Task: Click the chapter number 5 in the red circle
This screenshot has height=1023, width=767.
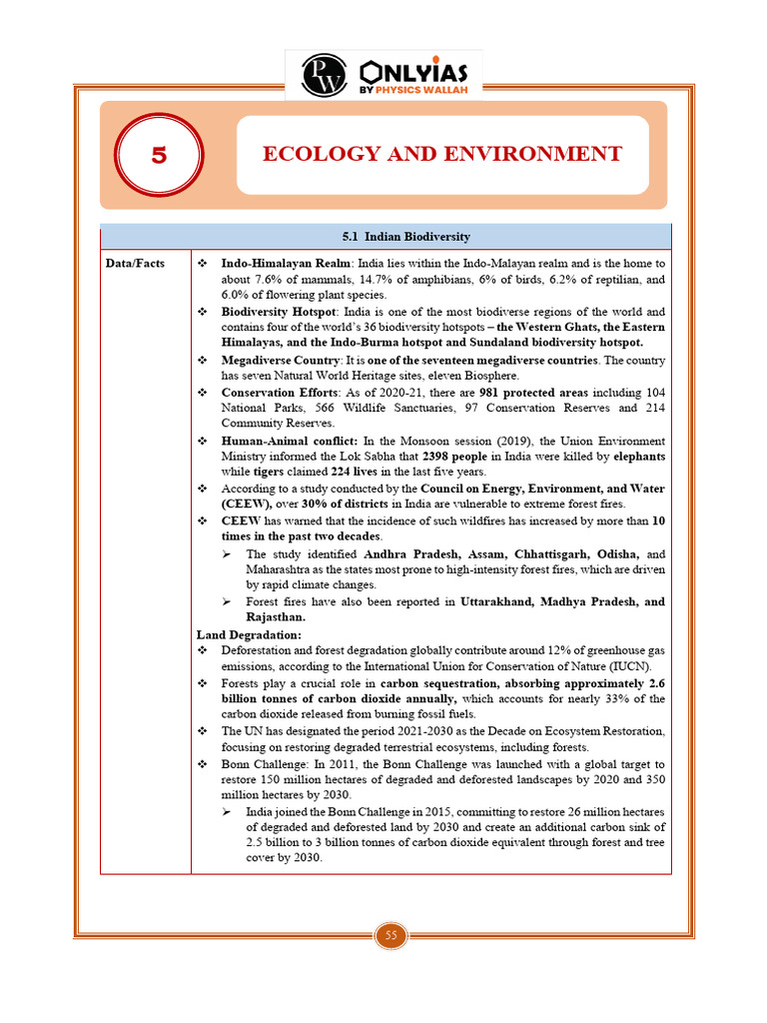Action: tap(159, 156)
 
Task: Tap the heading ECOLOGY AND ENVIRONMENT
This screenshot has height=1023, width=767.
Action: tap(441, 154)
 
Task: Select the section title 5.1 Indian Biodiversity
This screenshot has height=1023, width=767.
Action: tap(405, 237)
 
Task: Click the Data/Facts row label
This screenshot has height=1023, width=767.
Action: tap(136, 263)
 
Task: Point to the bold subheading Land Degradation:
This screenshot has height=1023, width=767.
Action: tap(249, 634)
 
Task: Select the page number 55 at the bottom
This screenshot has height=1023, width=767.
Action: tap(390, 935)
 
